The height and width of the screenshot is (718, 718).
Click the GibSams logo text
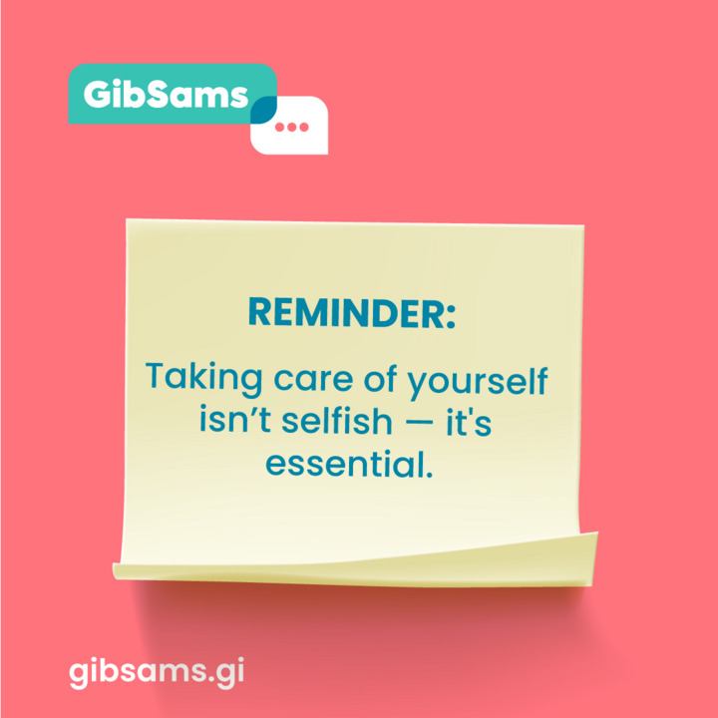point(165,94)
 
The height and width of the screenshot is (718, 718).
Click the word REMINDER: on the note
point(351,313)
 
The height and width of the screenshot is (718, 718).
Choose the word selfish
point(337,422)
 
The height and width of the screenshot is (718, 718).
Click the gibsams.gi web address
point(157,670)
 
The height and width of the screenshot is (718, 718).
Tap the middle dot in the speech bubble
point(291,128)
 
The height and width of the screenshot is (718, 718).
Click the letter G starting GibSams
point(98,94)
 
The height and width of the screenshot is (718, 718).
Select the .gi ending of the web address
point(226,670)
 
